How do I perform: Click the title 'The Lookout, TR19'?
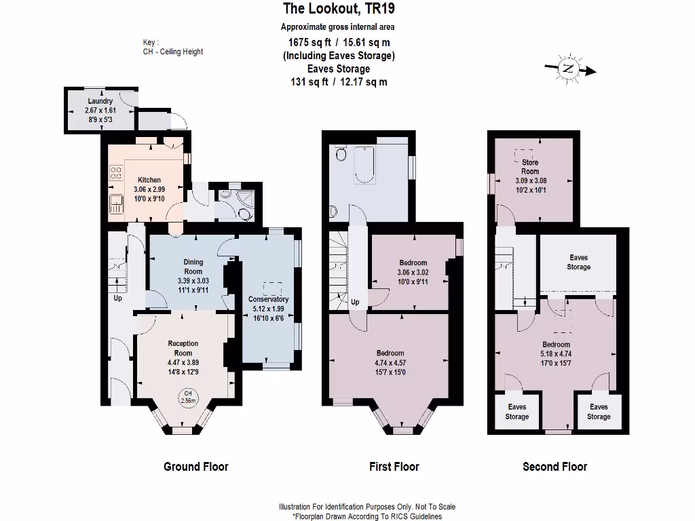click(x=338, y=9)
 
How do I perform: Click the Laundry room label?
click(x=100, y=102)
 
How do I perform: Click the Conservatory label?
click(x=268, y=299)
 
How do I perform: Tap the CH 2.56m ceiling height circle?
click(x=188, y=398)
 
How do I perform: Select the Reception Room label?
click(x=183, y=348)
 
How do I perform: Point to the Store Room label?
click(x=530, y=167)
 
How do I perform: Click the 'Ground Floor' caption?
click(x=195, y=467)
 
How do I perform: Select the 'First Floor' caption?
click(x=394, y=467)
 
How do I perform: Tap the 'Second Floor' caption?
click(x=555, y=467)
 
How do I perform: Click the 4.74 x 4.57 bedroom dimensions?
click(x=390, y=362)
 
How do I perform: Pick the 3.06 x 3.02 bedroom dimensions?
click(x=413, y=272)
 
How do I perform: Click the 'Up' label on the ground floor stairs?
click(x=117, y=298)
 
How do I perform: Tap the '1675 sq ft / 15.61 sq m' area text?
click(x=338, y=41)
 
